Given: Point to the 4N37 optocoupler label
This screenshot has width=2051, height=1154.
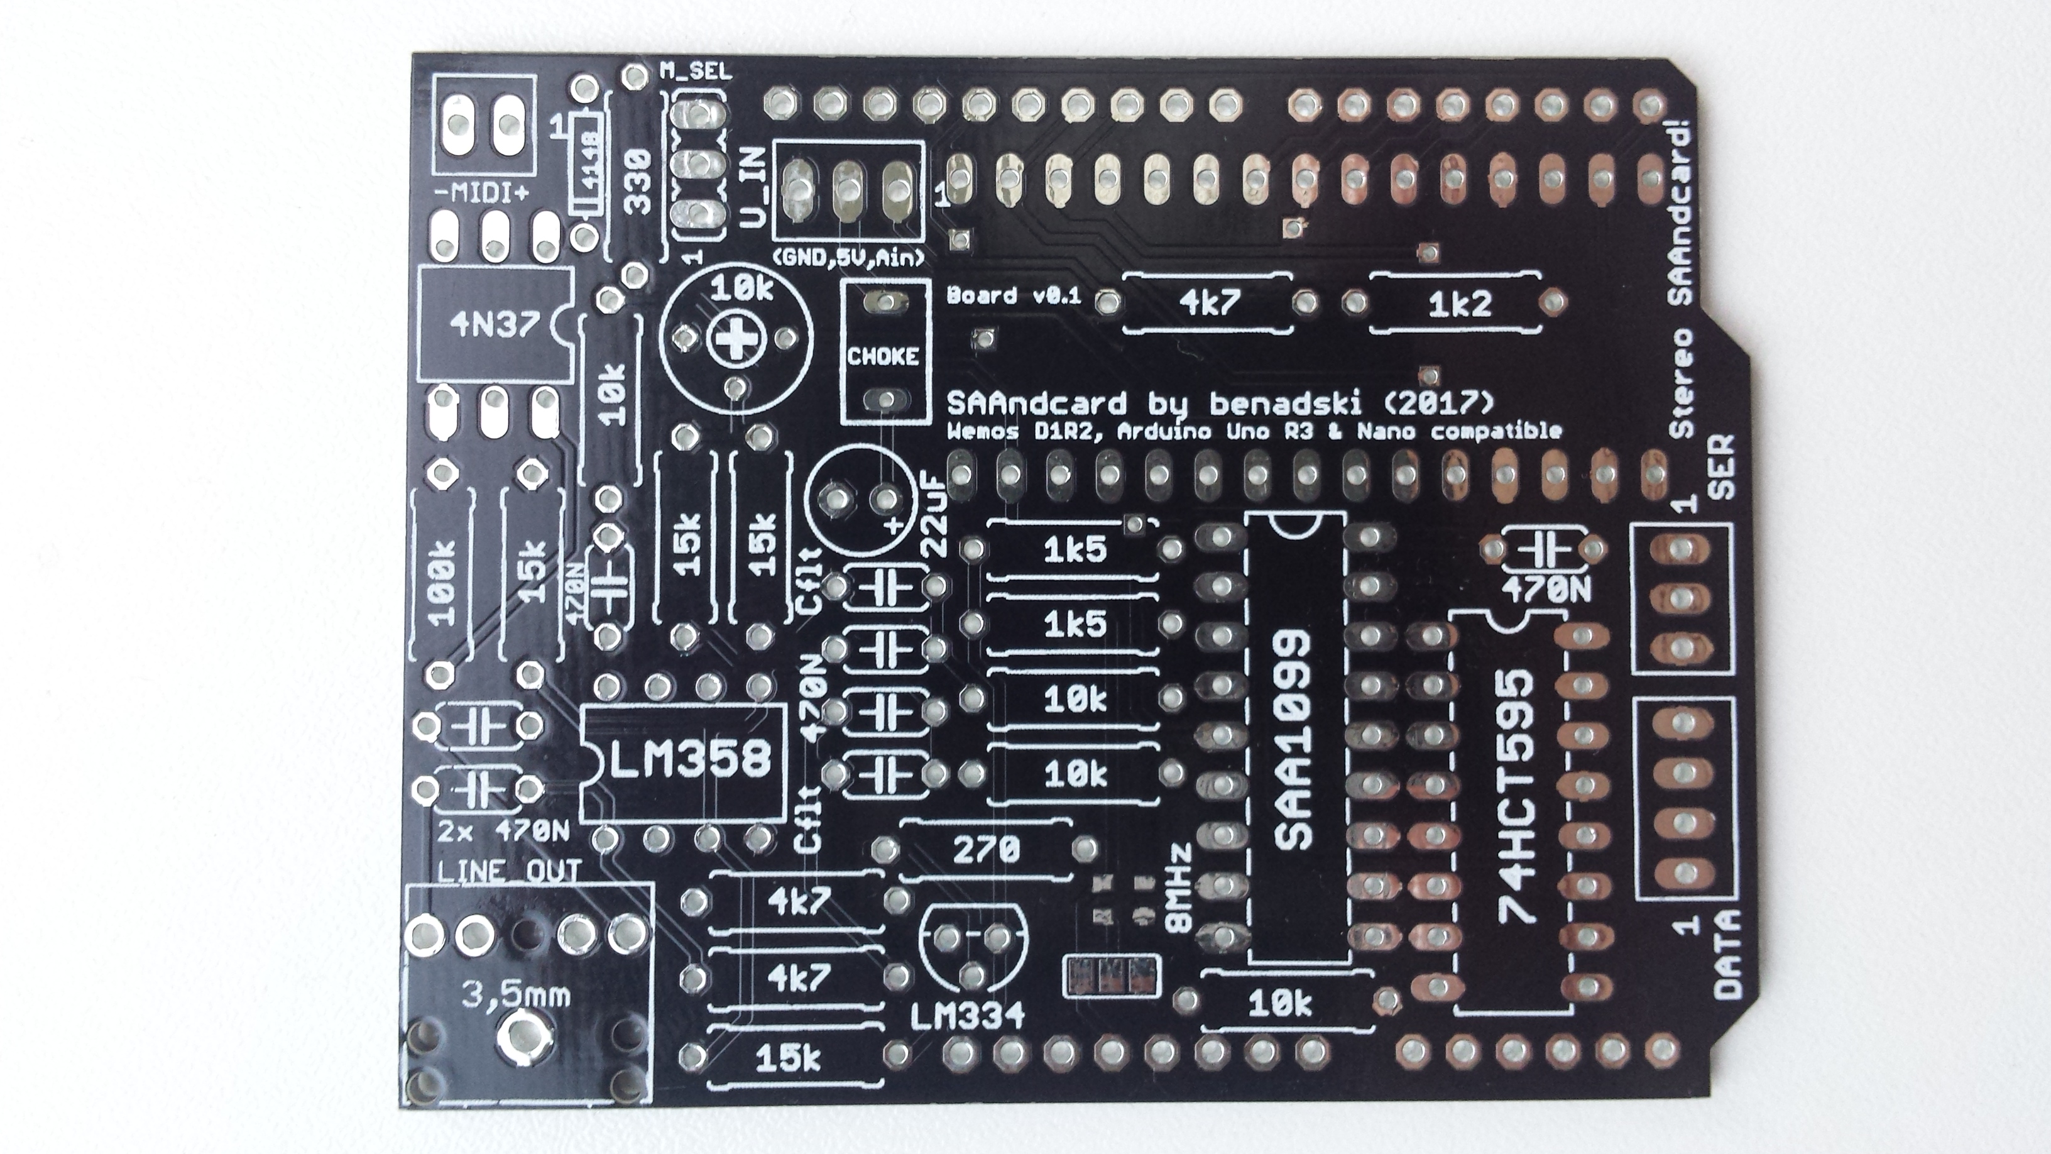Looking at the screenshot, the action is (x=495, y=324).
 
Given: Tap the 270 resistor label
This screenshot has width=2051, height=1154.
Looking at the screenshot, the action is (x=987, y=850).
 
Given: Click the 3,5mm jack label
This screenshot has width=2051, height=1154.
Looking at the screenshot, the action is (x=517, y=996).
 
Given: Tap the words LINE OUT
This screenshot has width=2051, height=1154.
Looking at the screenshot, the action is (x=510, y=871).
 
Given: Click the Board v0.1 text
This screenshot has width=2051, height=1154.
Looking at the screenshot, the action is (x=1014, y=295).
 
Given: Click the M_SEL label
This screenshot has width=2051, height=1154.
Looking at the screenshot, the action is (x=695, y=72).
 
